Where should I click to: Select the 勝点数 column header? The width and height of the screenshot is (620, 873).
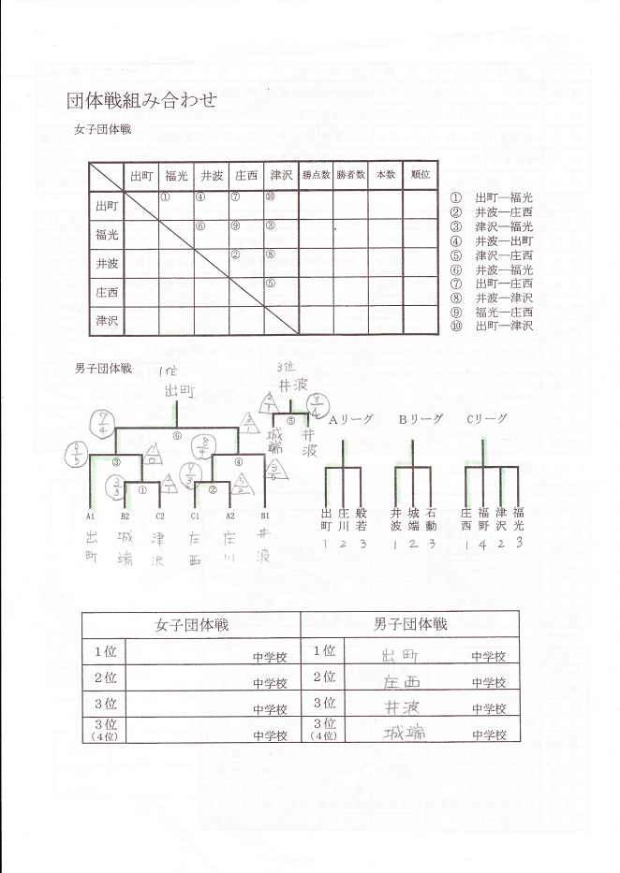317,175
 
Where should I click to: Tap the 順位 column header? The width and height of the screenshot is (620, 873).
420,175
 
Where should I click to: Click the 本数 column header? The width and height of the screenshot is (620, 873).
386,175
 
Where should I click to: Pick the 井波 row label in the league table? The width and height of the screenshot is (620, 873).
107,264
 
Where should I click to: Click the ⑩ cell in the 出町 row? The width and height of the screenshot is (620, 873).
270,196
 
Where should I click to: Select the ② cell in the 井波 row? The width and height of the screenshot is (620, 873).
235,255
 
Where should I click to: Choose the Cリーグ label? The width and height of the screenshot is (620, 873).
487,420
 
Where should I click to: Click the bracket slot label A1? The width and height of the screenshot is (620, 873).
91,516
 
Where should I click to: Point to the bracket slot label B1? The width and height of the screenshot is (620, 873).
265,516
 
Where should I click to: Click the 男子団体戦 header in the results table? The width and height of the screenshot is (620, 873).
410,624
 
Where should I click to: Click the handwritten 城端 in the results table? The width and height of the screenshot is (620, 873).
405,733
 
